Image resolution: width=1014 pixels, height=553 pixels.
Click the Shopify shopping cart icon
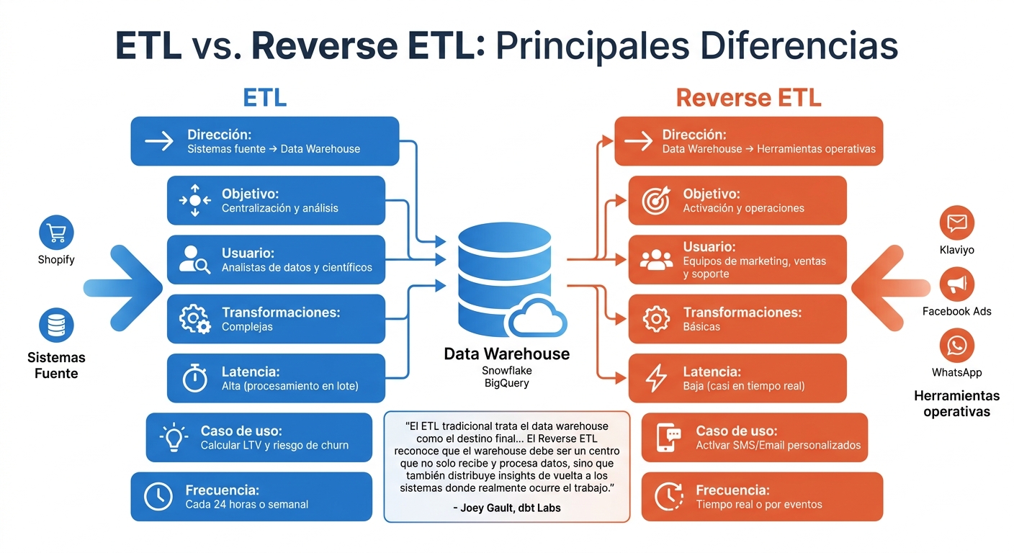click(56, 232)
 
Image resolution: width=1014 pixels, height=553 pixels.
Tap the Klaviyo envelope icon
click(957, 222)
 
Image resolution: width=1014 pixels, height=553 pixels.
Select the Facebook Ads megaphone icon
click(957, 284)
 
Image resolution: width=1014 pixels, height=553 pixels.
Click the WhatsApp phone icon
click(957, 346)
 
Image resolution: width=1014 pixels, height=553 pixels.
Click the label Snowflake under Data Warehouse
click(506, 370)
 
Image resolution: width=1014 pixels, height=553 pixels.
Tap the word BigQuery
click(506, 383)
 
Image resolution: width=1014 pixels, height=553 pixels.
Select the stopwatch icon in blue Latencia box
click(194, 379)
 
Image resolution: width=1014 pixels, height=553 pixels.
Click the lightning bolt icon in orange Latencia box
click(656, 379)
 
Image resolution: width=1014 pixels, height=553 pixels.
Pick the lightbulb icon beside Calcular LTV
click(173, 437)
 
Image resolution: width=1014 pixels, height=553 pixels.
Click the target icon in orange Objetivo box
click(656, 201)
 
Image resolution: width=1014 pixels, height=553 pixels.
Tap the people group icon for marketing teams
click(656, 260)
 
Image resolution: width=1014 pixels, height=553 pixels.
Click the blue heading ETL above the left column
click(264, 98)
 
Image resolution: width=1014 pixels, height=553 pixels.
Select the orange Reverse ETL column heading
click(748, 98)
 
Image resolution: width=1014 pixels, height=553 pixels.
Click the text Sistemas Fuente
click(56, 365)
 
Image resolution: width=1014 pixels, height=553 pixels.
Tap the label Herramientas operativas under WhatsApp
click(956, 404)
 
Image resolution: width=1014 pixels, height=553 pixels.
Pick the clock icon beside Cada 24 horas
click(158, 496)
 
